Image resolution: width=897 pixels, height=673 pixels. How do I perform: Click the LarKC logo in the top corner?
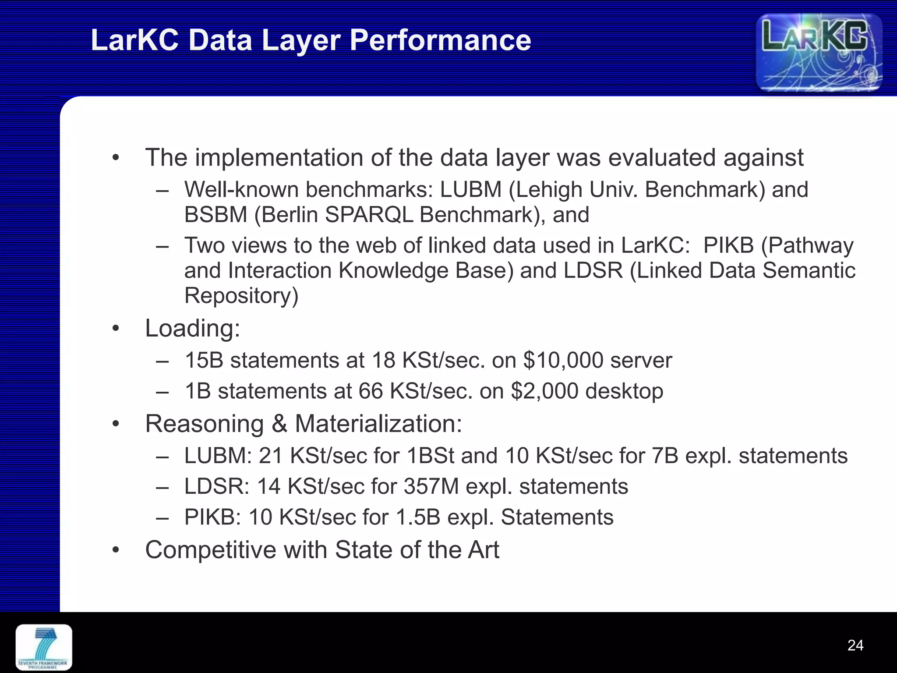(819, 53)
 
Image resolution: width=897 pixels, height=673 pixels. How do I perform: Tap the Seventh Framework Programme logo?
(44, 647)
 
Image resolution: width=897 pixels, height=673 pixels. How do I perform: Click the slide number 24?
(855, 645)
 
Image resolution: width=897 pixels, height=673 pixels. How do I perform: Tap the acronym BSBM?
(215, 215)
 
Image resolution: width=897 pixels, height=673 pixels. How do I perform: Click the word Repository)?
(241, 296)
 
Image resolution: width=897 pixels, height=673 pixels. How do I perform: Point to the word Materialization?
(378, 424)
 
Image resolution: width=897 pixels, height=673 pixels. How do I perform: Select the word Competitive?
(210, 550)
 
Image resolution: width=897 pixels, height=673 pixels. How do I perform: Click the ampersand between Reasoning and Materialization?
(279, 424)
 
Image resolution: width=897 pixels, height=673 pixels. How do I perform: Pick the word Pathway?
(807, 245)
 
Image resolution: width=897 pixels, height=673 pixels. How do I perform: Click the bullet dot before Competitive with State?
(115, 550)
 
